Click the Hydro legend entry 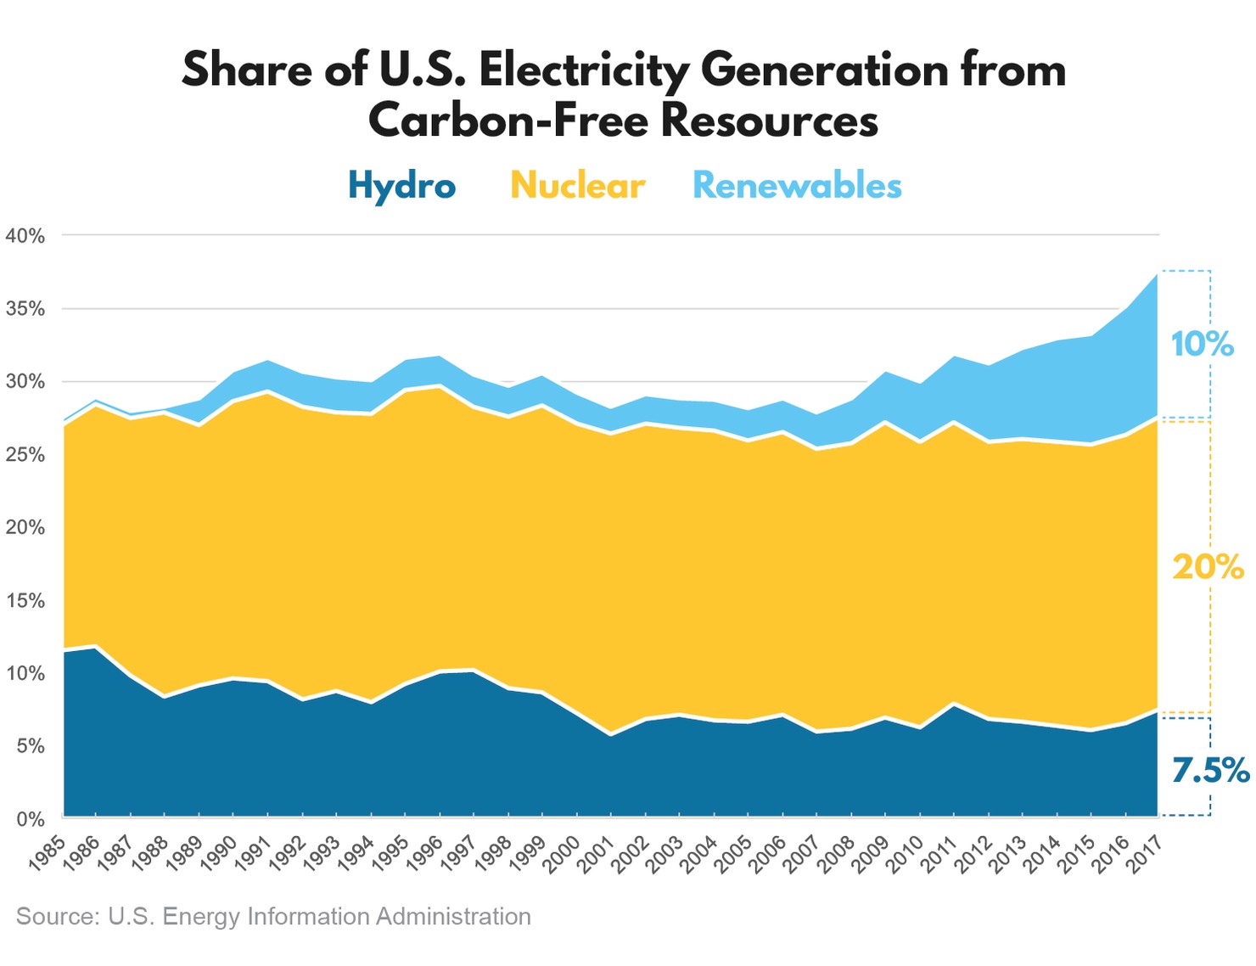pyautogui.click(x=401, y=185)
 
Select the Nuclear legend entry pyautogui.click(x=577, y=185)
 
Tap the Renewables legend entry pyautogui.click(x=797, y=185)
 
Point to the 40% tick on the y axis pyautogui.click(x=25, y=236)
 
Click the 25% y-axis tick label pyautogui.click(x=25, y=455)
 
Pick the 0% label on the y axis pyautogui.click(x=31, y=819)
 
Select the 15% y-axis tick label pyautogui.click(x=25, y=601)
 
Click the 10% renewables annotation pyautogui.click(x=1202, y=344)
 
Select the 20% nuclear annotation pyautogui.click(x=1208, y=566)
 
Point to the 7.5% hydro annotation pyautogui.click(x=1210, y=770)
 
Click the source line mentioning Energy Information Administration pyautogui.click(x=273, y=917)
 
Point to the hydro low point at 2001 pyautogui.click(x=610, y=735)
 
